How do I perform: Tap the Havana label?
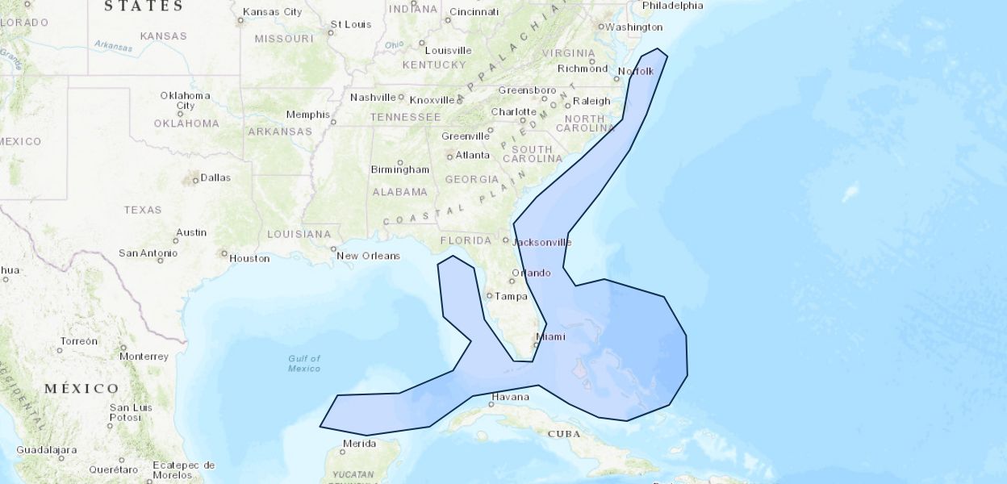click(x=510, y=397)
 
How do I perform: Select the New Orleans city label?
click(x=368, y=256)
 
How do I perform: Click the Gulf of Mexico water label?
click(x=304, y=363)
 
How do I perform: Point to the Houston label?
click(x=249, y=258)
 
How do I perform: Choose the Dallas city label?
click(x=215, y=177)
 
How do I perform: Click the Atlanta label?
click(x=472, y=155)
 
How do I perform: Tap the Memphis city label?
click(x=308, y=115)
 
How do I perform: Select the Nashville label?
click(x=373, y=98)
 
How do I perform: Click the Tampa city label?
click(x=511, y=296)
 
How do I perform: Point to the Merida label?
click(x=359, y=444)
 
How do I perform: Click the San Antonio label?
click(x=148, y=252)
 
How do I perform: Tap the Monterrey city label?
click(x=144, y=356)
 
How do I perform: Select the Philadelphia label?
click(x=672, y=6)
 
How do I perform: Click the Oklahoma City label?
click(x=185, y=100)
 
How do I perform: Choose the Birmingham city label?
click(x=399, y=169)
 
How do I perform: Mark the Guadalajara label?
click(x=45, y=449)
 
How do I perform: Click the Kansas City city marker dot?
click(x=240, y=19)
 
